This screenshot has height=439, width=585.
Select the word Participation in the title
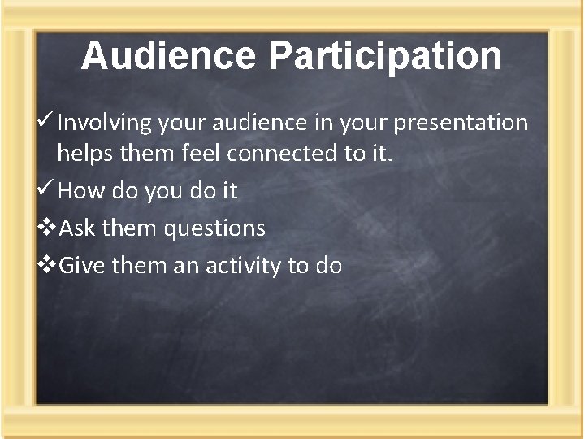(x=385, y=56)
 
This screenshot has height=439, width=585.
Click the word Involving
(x=106, y=123)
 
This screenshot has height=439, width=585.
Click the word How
(x=78, y=191)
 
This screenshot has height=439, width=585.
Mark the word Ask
(x=76, y=228)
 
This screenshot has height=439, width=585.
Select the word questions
(x=214, y=229)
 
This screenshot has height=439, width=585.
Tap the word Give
(x=80, y=265)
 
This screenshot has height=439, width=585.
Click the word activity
(x=252, y=266)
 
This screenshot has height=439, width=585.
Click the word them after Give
(x=136, y=265)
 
